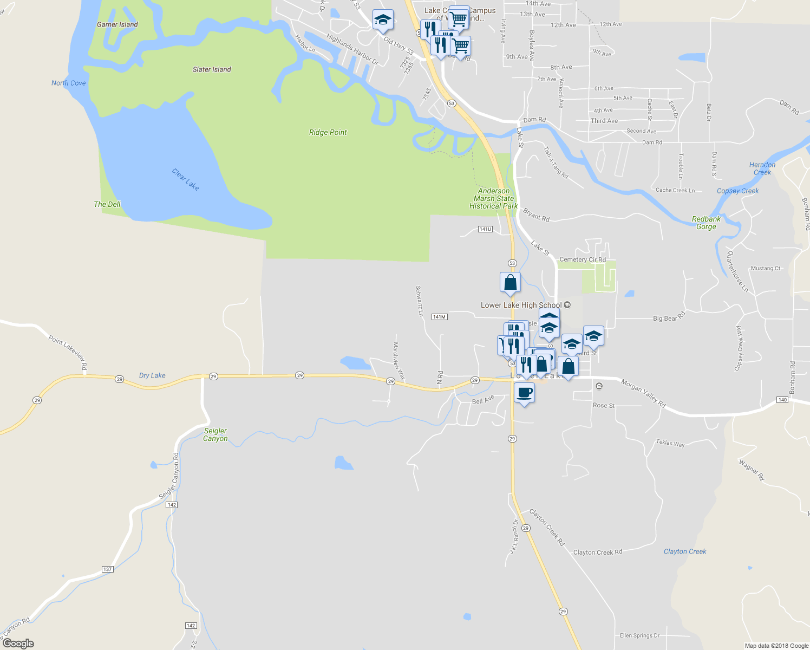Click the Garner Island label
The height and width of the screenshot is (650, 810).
pyautogui.click(x=117, y=24)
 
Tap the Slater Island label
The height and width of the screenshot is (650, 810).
pyautogui.click(x=212, y=69)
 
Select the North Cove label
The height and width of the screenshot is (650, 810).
pyautogui.click(x=68, y=83)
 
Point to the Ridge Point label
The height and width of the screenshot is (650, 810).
pyautogui.click(x=328, y=132)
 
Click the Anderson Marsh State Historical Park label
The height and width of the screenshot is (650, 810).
pyautogui.click(x=493, y=198)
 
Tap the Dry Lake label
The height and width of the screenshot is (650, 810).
pyautogui.click(x=152, y=375)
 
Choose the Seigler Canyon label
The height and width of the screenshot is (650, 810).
pyautogui.click(x=215, y=435)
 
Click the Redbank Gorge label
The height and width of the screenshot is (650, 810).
pyautogui.click(x=706, y=223)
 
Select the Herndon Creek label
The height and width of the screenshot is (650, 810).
pyautogui.click(x=762, y=168)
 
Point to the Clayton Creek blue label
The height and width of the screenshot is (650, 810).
pyautogui.click(x=685, y=551)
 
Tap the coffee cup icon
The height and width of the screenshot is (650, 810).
pyautogui.click(x=524, y=392)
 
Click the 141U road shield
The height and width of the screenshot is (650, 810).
pyautogui.click(x=485, y=229)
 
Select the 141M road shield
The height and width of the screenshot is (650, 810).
pyautogui.click(x=440, y=317)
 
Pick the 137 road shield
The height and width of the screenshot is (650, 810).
pyautogui.click(x=107, y=569)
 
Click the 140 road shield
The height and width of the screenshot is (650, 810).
pyautogui.click(x=782, y=400)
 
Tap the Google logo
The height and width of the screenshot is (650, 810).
pyautogui.click(x=18, y=643)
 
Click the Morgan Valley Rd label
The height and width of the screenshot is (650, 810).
pyautogui.click(x=643, y=393)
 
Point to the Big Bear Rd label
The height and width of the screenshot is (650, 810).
pyautogui.click(x=669, y=317)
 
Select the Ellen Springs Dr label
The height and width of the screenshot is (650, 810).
pyautogui.click(x=639, y=635)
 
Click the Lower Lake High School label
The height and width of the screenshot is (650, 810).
pyautogui.click(x=521, y=305)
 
